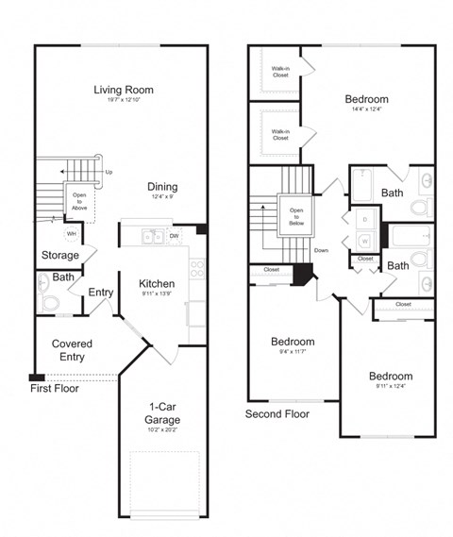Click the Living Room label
(124, 90)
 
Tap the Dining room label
(161, 186)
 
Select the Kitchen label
(155, 283)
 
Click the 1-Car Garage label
(162, 412)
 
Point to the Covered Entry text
(72, 350)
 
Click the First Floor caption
(54, 388)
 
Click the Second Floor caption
(277, 413)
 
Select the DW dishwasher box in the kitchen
(176, 236)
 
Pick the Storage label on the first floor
(60, 255)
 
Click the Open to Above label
(79, 200)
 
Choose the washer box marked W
(364, 241)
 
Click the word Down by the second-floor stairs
(321, 250)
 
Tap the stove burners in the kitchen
(196, 269)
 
